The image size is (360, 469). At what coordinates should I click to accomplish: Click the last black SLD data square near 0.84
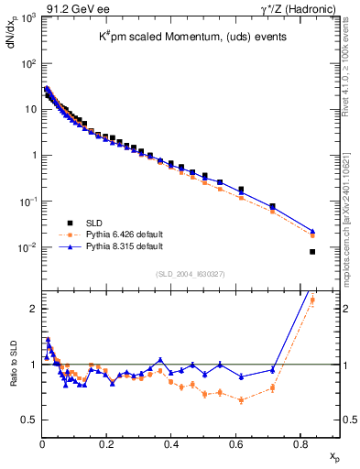tap(312, 252)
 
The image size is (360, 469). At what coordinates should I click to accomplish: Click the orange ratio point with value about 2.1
tap(312, 300)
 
